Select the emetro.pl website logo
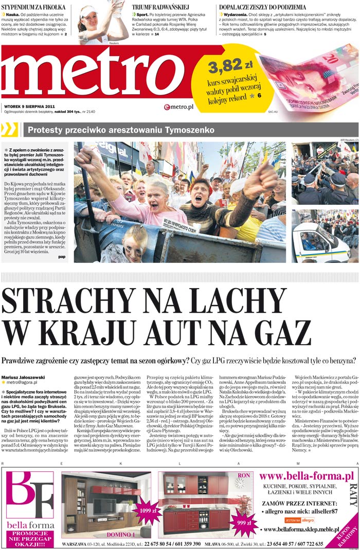coord(178,107)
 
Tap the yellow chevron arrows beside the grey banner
coord(10,129)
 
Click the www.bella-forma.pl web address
coord(306,476)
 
